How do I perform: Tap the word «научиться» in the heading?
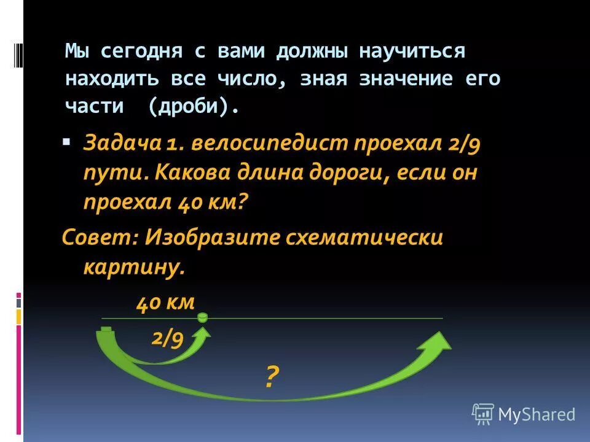[x=412, y=52]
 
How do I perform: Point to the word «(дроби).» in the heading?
[x=193, y=106]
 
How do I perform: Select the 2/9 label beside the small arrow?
[x=167, y=338]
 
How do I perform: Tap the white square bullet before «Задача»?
[x=66, y=142]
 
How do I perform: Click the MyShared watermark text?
[x=536, y=414]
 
